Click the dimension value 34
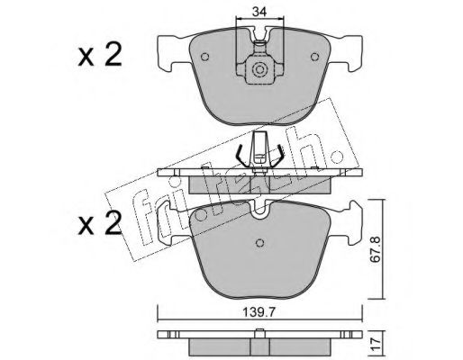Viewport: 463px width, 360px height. [259, 12]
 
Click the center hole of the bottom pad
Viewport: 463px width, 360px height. [259, 240]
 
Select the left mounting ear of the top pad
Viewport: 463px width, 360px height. [171, 51]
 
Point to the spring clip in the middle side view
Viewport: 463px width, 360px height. [259, 154]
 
